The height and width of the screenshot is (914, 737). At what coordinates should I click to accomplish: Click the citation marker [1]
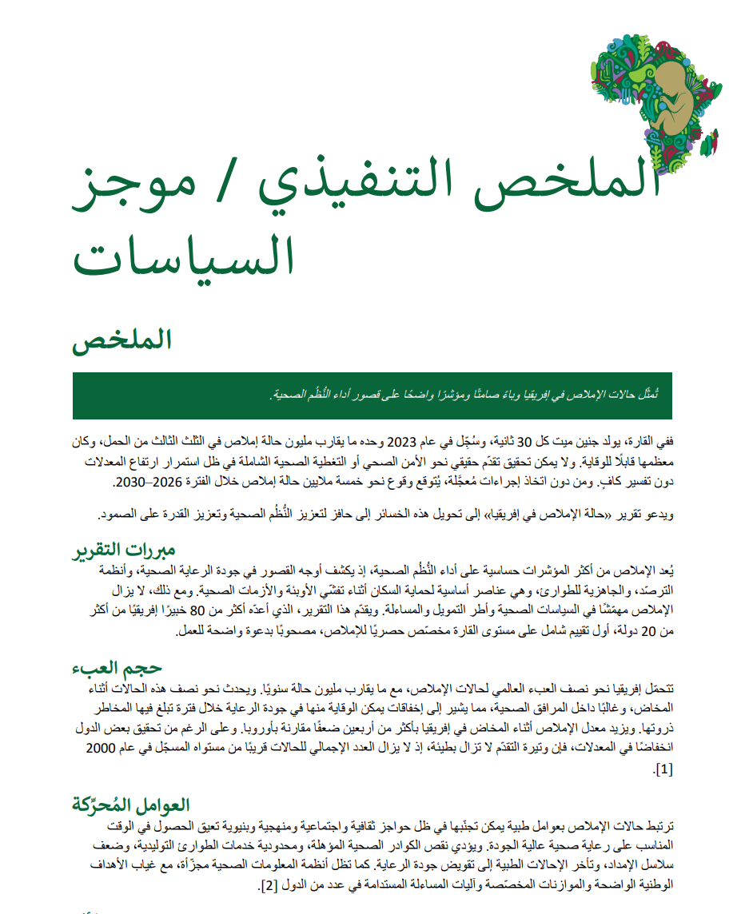pos(663,769)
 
